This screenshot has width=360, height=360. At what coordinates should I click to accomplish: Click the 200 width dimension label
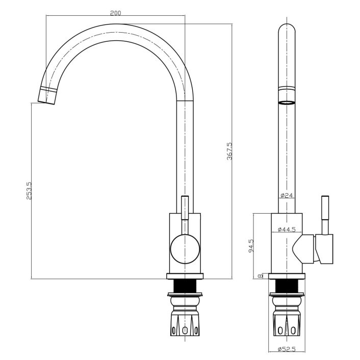(115, 13)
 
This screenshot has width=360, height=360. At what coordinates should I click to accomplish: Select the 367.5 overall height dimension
(230, 150)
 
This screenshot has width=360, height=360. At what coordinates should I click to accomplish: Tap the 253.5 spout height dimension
(29, 190)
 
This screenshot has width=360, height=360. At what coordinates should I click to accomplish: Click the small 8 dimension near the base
(260, 276)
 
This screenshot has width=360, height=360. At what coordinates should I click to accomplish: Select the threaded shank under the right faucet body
(288, 287)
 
